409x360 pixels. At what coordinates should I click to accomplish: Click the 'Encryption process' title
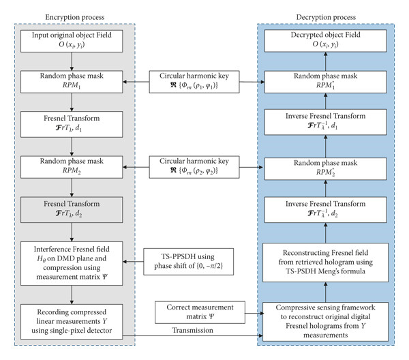[x=75, y=17]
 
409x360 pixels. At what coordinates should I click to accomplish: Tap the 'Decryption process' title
[x=326, y=17]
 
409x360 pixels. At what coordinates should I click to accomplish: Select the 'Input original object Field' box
[x=72, y=41]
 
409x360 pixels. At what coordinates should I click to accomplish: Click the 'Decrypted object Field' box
[x=326, y=41]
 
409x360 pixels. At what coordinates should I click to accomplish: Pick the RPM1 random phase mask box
[x=72, y=82]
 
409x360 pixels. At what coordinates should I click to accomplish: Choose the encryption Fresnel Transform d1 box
[x=72, y=125]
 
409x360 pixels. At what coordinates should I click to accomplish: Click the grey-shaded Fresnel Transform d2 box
[x=72, y=210]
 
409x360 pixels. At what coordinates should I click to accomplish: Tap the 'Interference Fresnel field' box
[x=72, y=263]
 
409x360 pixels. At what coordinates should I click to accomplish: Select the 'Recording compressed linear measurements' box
[x=72, y=322]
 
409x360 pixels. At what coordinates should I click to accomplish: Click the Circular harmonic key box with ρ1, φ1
[x=194, y=82]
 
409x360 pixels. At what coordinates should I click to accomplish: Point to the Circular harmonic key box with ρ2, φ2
[x=194, y=167]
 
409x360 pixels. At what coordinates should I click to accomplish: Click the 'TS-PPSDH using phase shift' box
[x=189, y=262]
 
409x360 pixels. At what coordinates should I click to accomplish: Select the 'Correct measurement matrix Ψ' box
[x=200, y=312]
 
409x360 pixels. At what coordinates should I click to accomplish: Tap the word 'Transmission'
[x=193, y=330]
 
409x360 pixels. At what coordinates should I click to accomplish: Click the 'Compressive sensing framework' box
[x=326, y=322]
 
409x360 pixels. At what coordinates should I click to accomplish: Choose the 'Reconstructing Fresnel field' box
[x=326, y=262]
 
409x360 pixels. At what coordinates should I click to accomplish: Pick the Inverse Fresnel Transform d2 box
[x=326, y=210]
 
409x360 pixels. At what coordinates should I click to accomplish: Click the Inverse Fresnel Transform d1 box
[x=326, y=122]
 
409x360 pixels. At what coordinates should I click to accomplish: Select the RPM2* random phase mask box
[x=326, y=168]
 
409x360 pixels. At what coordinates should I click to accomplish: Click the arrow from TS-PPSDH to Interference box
[x=133, y=262]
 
